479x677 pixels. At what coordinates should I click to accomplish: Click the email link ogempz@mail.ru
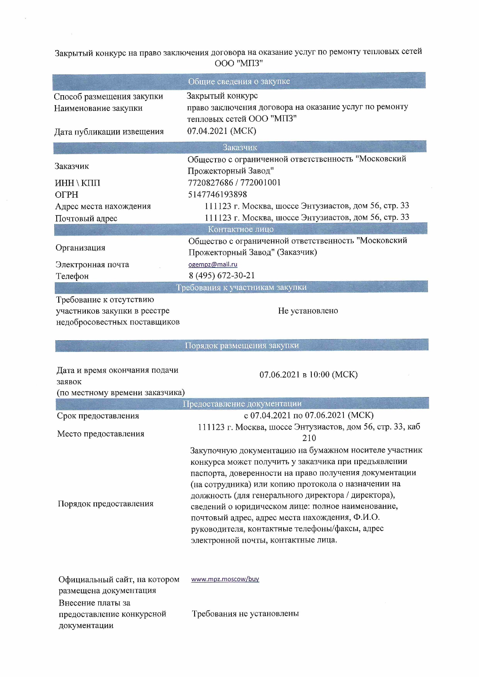[x=213, y=264]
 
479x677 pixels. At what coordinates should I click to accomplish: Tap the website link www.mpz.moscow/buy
[x=225, y=579]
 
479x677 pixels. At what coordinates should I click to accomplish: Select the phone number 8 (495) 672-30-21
[x=222, y=275]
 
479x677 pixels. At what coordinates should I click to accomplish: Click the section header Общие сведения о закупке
[x=239, y=81]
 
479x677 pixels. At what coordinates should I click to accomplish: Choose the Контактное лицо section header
[x=241, y=229]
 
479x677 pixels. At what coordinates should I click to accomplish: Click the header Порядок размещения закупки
[x=242, y=345]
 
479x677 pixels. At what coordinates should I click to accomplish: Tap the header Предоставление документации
[x=242, y=403]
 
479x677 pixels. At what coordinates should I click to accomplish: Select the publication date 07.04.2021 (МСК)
[x=222, y=131]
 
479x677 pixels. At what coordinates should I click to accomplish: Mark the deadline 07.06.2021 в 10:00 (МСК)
[x=308, y=374]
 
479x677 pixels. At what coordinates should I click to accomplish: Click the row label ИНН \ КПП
[x=78, y=183]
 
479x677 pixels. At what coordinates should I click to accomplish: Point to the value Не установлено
[x=308, y=310]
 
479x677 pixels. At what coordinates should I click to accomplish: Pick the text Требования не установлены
[x=245, y=614]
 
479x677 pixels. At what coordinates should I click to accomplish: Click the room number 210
[x=309, y=438]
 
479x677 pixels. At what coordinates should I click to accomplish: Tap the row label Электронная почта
[x=92, y=264]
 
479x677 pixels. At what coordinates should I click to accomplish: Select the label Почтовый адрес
[x=86, y=219]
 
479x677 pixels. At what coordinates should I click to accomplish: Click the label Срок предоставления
[x=98, y=416]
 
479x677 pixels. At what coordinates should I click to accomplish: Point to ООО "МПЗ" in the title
[x=238, y=63]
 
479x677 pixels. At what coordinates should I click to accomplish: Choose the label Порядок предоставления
[x=106, y=503]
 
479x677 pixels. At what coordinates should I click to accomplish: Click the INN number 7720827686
[x=210, y=183]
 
